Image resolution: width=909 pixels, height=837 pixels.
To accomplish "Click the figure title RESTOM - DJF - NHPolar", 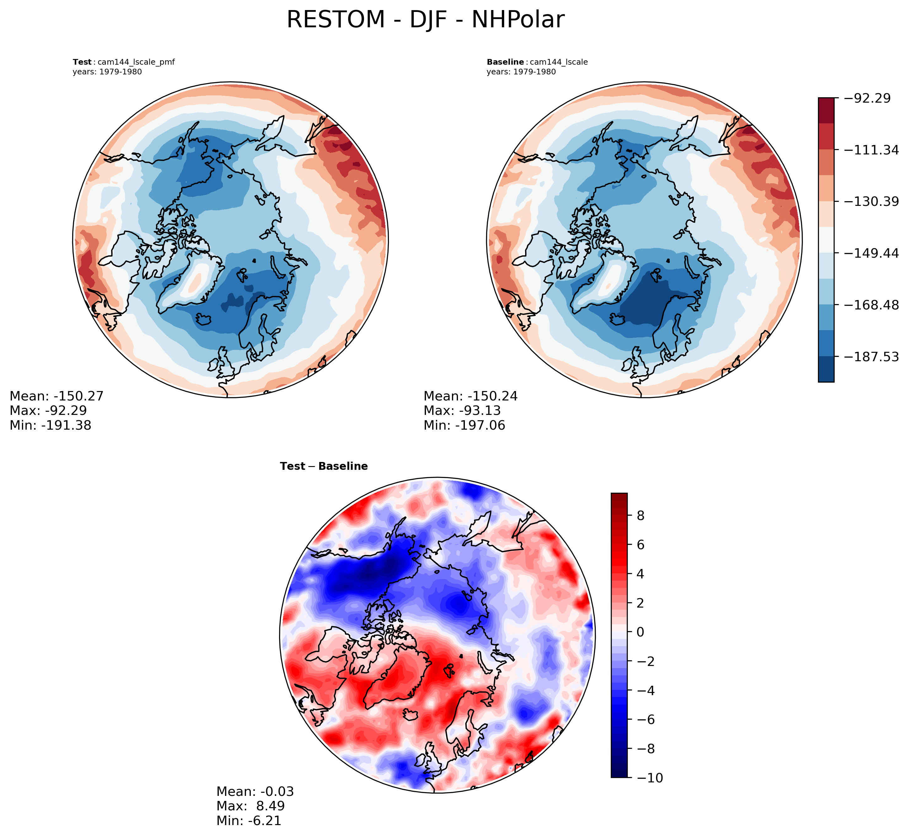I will click(x=425, y=20).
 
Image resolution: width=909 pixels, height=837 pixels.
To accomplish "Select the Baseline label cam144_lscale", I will click(x=537, y=62).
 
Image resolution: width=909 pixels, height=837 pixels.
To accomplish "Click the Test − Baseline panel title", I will click(x=324, y=466).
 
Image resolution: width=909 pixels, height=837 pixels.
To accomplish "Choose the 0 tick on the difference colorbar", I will click(x=640, y=632).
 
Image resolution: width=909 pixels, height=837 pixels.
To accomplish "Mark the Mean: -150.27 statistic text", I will click(x=56, y=396).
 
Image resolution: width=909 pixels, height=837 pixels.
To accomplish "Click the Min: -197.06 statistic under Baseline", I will click(x=464, y=425).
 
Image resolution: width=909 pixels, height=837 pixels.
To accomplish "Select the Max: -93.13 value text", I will click(x=462, y=411).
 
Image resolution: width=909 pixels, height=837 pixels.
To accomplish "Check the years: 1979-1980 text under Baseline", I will click(x=521, y=72).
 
